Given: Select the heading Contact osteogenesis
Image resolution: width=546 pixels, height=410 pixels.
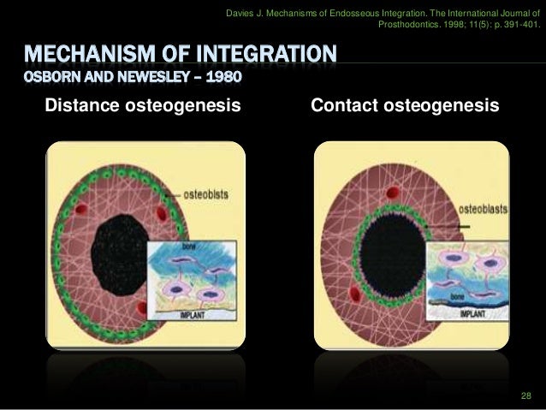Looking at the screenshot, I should coord(405,106).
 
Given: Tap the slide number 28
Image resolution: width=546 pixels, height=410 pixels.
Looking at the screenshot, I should coord(525,395).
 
